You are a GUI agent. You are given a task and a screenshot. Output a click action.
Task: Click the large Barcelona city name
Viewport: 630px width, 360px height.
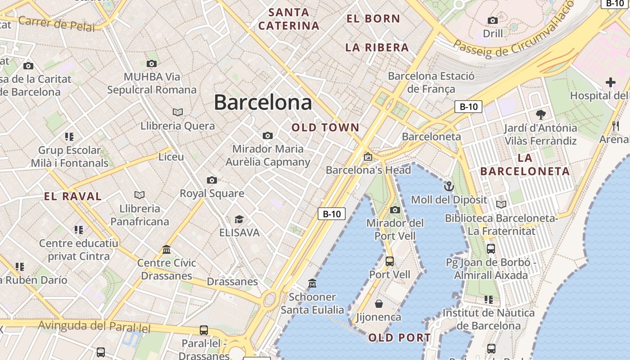[263, 102]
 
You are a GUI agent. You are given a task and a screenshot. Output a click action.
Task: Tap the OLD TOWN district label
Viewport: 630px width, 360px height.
[325, 127]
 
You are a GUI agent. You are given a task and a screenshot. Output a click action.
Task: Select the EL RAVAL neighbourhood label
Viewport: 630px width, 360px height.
[73, 196]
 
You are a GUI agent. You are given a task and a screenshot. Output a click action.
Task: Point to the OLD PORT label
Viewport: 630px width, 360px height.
[399, 337]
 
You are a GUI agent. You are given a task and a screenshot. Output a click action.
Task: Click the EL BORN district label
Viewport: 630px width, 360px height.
[373, 18]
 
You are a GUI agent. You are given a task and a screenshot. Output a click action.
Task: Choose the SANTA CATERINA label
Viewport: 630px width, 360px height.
[289, 19]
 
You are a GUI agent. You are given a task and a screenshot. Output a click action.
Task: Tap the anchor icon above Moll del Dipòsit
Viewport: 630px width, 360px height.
[449, 186]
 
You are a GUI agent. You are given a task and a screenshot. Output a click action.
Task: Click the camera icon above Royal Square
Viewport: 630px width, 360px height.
[212, 180]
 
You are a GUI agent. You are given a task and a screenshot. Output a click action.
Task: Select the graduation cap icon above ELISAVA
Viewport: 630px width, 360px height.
[239, 219]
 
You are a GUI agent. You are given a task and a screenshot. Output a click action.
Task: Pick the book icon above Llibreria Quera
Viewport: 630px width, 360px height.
[178, 112]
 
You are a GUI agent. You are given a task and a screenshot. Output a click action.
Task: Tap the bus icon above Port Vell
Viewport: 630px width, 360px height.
[390, 261]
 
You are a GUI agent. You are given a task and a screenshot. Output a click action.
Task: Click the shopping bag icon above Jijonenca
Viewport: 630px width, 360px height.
[379, 304]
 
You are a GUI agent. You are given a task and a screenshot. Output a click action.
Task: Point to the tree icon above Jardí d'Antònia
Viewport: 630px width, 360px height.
[540, 114]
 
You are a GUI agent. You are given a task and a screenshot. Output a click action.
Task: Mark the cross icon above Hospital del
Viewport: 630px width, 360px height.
[610, 82]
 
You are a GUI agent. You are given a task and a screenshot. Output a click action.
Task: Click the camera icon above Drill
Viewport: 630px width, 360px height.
[493, 20]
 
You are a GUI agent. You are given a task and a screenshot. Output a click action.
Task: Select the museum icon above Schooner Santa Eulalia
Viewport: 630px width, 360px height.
[312, 283]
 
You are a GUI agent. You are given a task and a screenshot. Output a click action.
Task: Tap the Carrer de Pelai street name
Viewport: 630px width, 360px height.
[57, 23]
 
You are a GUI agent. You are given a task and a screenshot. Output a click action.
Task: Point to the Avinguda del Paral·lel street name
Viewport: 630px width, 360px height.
[94, 326]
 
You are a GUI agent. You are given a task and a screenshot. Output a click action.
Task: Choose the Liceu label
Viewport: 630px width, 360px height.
[171, 157]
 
